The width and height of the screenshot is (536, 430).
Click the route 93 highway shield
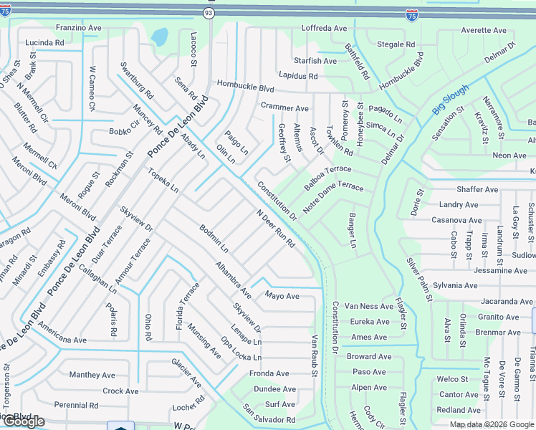pos(209,13)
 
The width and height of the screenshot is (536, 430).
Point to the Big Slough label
pos(451,100)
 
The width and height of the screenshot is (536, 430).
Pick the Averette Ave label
pos(484,31)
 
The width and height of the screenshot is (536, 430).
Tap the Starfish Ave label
pos(315,61)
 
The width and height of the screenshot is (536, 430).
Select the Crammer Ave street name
pos(284,107)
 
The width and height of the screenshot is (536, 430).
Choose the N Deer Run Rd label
pos(276,229)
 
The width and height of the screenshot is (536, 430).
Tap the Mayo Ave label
pos(282,295)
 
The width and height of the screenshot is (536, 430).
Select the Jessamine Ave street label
pos(501,270)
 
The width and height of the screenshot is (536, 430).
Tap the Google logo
pos(23,421)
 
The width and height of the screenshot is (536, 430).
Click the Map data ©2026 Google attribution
pos(492,424)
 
